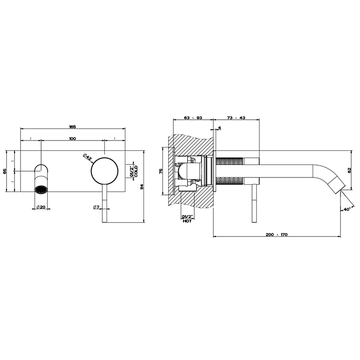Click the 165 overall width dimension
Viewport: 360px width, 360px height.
coord(73,127)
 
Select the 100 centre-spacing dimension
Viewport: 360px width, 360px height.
coord(73,138)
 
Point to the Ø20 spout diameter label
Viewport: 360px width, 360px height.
coord(41,207)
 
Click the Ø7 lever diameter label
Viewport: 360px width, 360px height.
coord(96,207)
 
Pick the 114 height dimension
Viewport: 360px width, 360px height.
coord(141,186)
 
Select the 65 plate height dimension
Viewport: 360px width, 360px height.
coord(5,171)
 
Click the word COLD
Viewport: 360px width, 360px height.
coord(136,171)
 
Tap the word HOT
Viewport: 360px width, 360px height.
coord(187,221)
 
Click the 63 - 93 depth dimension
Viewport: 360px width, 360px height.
coord(193,118)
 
